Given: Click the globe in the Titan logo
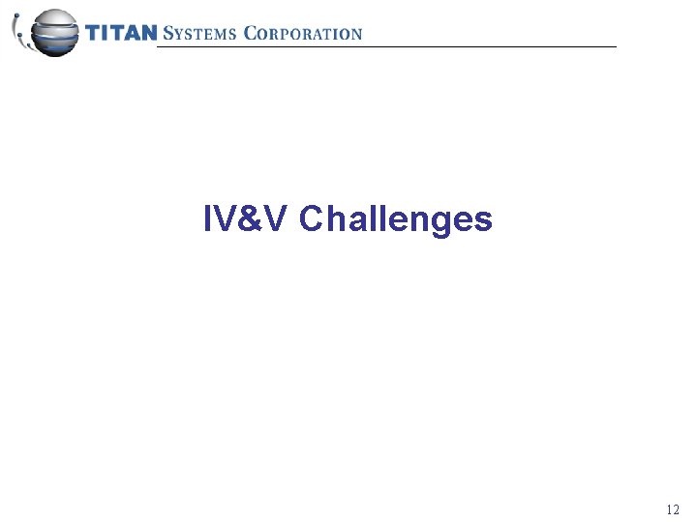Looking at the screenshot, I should tap(53, 32).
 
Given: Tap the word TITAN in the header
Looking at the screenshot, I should tap(121, 34).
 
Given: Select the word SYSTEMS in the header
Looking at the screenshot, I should tap(200, 34).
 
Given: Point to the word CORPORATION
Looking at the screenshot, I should tap(303, 34).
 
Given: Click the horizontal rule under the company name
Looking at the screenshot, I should tap(387, 46).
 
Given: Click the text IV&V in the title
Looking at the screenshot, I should tap(247, 219).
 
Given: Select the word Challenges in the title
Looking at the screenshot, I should tap(396, 220).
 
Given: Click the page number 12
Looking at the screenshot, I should tap(673, 509).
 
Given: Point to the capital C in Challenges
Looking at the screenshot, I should tap(312, 219).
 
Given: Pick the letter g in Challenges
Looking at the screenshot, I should tap(437, 223).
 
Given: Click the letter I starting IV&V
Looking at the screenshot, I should tap(208, 219).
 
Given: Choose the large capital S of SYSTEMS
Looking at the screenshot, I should tap(167, 34).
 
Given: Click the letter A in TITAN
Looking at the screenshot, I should tap(131, 34).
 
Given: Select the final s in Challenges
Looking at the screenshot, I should tap(483, 222).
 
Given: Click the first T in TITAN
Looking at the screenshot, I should tap(94, 34).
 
